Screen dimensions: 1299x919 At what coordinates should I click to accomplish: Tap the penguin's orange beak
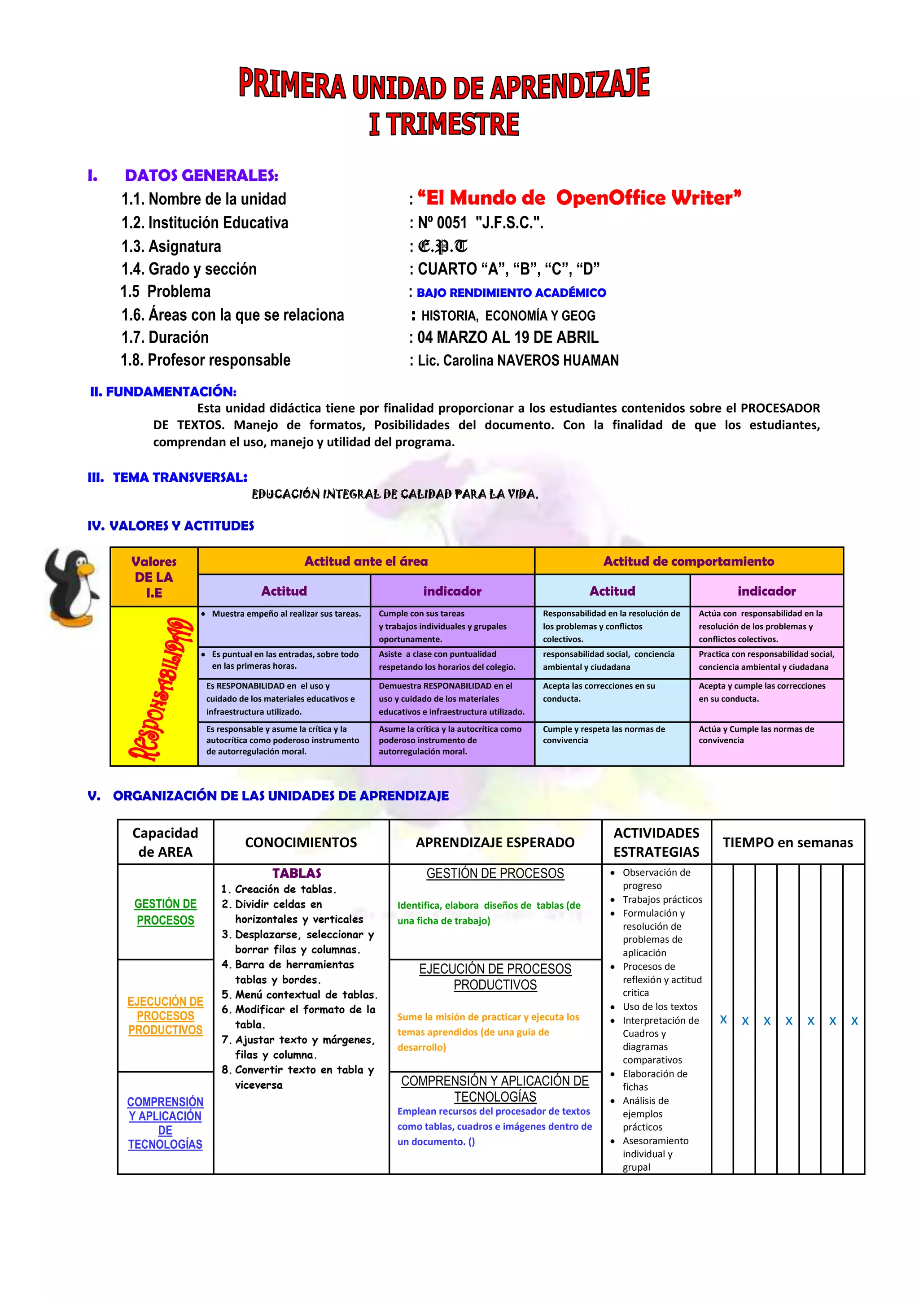tap(86, 569)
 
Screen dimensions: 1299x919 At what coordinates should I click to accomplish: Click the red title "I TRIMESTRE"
tap(444, 124)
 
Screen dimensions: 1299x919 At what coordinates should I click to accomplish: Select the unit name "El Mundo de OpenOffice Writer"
tap(579, 198)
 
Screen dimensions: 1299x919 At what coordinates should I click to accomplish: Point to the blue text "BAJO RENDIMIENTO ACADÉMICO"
tap(511, 293)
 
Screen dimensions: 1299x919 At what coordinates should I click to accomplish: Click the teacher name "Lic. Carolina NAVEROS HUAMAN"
tap(518, 360)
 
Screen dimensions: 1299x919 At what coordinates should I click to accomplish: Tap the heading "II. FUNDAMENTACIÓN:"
tap(163, 392)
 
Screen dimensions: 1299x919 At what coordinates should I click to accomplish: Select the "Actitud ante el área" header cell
tap(366, 561)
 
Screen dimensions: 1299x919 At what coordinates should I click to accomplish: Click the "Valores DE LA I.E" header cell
tap(154, 577)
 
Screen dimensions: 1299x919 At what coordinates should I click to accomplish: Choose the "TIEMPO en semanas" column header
tap(787, 842)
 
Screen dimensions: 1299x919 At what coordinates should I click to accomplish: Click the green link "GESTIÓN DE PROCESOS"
tap(165, 912)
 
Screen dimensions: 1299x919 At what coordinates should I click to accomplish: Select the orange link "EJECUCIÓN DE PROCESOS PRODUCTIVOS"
tap(165, 1016)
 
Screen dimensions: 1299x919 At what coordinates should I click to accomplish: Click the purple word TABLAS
tap(297, 873)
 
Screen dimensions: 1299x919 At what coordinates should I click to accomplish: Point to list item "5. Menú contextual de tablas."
tap(300, 994)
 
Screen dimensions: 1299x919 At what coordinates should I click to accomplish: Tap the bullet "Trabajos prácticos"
tap(662, 900)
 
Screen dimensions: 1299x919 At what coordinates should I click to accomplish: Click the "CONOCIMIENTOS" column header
tap(301, 842)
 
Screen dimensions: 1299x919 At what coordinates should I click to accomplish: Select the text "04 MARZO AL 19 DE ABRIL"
tap(508, 338)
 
